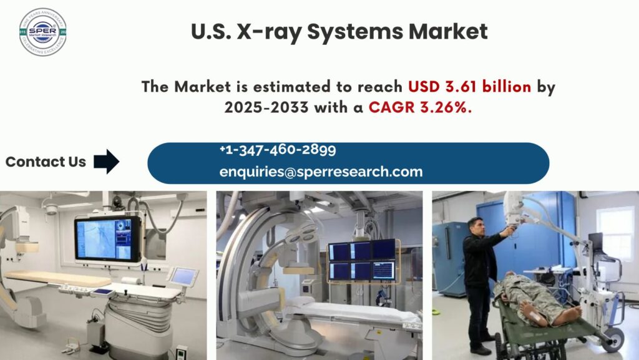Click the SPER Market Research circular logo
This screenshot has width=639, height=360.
pyautogui.click(x=42, y=32)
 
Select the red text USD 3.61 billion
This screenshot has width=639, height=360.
pyautogui.click(x=470, y=86)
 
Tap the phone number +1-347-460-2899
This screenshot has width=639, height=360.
pyautogui.click(x=277, y=150)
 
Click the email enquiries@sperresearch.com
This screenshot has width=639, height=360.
pyautogui.click(x=321, y=172)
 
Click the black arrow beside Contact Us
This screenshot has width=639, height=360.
pyautogui.click(x=106, y=162)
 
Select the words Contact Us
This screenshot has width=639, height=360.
pyautogui.click(x=46, y=162)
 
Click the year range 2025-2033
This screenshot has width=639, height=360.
pyautogui.click(x=266, y=107)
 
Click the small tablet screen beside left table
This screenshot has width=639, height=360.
pyautogui.click(x=183, y=276)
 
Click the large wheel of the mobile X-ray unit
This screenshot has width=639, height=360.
pyautogui.click(x=615, y=339)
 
